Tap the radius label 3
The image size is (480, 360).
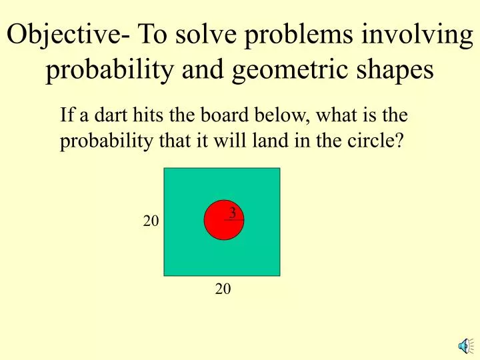[232, 213]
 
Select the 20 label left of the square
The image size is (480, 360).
[151, 221]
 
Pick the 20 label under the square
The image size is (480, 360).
[223, 289]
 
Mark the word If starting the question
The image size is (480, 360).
[66, 116]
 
